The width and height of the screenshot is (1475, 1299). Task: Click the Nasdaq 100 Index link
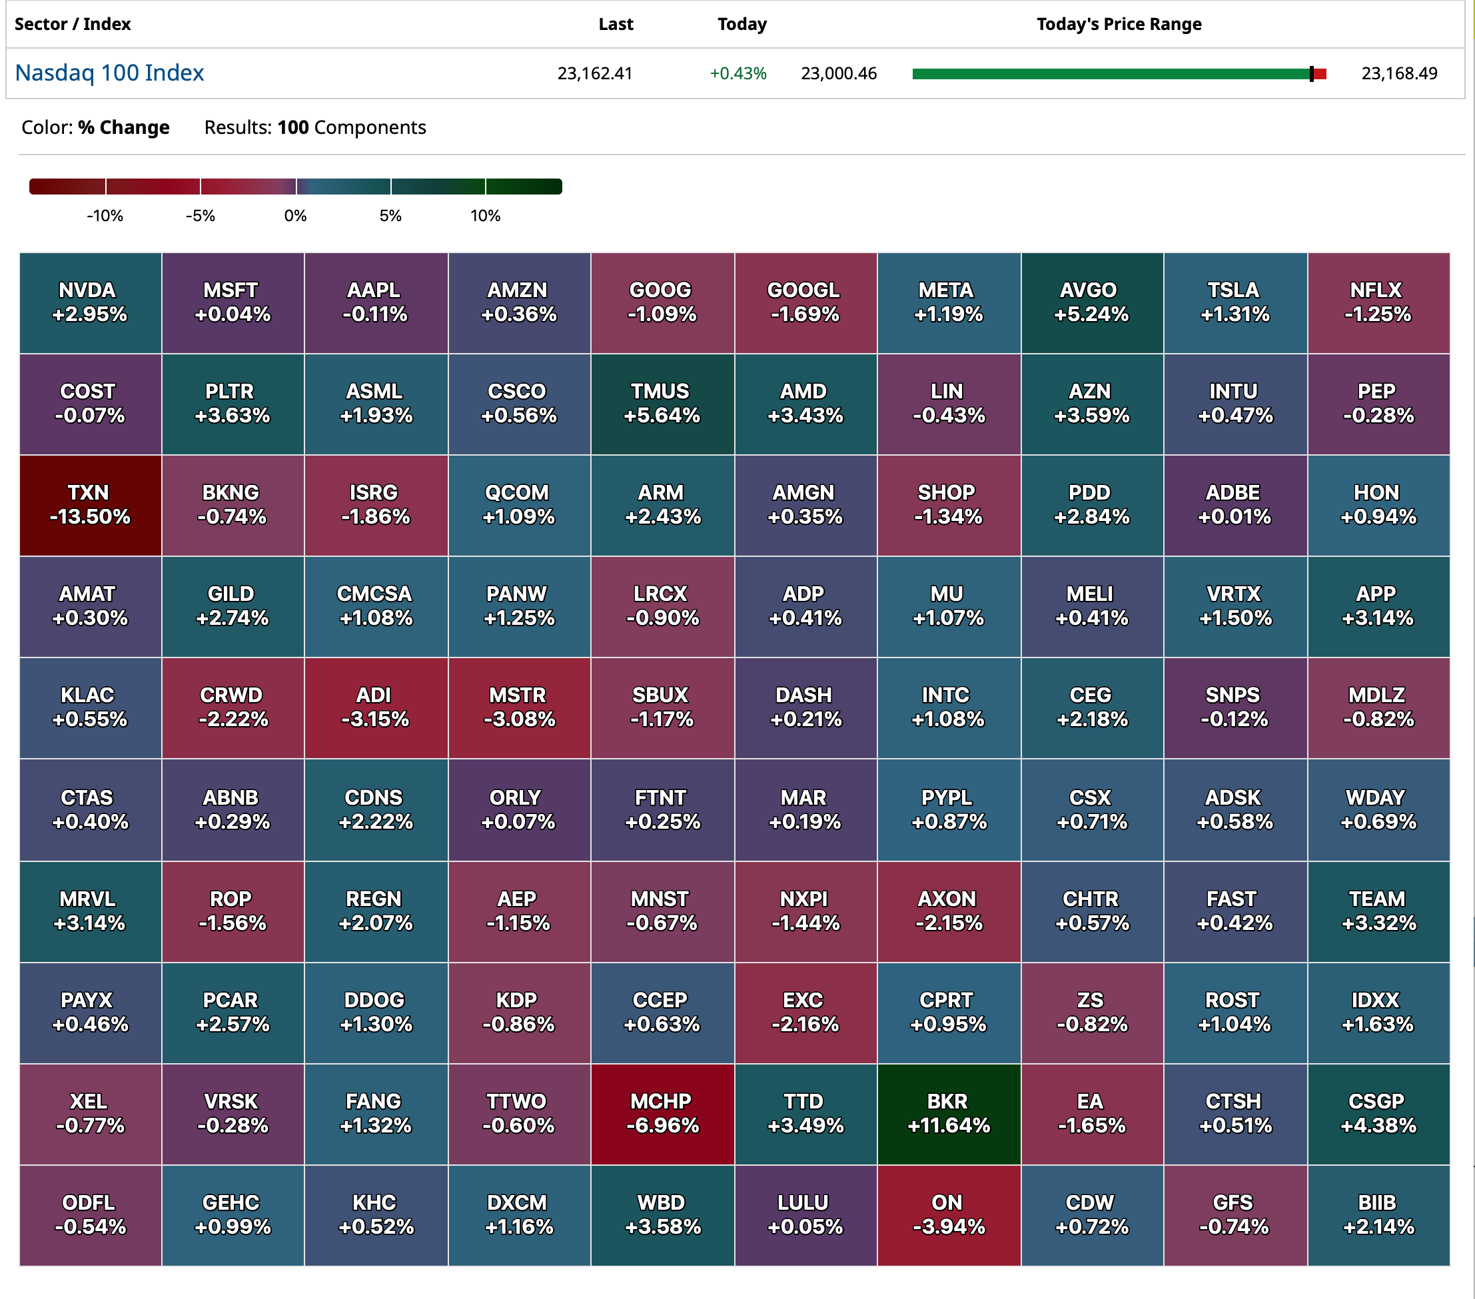click(x=110, y=73)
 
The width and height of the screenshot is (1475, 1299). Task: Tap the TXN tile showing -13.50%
click(x=90, y=505)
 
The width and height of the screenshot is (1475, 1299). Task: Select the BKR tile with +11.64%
click(x=948, y=1114)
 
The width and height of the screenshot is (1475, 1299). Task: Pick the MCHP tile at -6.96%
click(x=662, y=1114)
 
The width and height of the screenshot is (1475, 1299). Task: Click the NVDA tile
click(x=90, y=302)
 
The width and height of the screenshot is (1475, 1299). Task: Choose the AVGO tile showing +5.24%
click(x=1091, y=302)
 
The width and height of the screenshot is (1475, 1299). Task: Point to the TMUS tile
click(x=662, y=404)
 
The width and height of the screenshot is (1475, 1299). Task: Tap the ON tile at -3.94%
click(x=948, y=1215)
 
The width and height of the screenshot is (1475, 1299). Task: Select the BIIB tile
click(x=1378, y=1215)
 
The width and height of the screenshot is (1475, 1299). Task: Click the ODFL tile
click(x=90, y=1215)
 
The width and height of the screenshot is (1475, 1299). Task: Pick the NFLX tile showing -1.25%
click(x=1378, y=302)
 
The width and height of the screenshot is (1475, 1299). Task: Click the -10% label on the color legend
click(x=105, y=216)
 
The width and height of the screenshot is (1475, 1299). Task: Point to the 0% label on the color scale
click(x=295, y=216)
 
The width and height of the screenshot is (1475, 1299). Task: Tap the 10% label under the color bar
click(x=485, y=216)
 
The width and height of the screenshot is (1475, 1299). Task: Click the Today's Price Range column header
click(x=1119, y=25)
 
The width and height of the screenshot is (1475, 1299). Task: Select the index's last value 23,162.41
click(x=595, y=73)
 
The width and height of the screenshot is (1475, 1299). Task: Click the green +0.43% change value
click(x=738, y=73)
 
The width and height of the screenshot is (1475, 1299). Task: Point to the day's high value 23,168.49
click(x=1398, y=73)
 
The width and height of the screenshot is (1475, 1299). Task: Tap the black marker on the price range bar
click(x=1311, y=73)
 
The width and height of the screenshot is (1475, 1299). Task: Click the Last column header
click(x=616, y=25)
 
